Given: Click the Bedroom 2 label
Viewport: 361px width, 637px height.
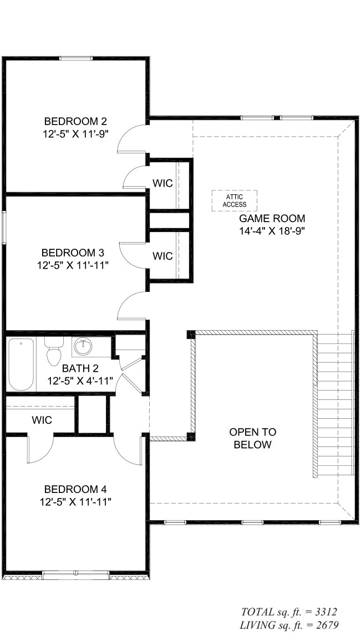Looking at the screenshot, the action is click(75, 121).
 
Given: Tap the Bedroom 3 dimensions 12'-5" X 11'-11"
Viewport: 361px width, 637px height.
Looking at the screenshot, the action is click(75, 265).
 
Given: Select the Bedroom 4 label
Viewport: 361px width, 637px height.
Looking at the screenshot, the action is click(75, 489).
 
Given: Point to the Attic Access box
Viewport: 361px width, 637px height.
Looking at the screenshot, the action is click(234, 201).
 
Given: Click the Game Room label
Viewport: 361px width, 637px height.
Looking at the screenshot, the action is click(272, 219).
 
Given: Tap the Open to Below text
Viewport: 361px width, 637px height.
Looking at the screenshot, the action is click(252, 438).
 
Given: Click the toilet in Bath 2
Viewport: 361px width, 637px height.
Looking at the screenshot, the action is click(54, 351).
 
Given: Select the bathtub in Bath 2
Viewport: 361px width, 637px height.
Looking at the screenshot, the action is click(21, 364).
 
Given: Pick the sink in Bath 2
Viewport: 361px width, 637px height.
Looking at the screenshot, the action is click(83, 346).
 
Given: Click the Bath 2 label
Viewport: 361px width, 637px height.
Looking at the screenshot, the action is click(80, 368).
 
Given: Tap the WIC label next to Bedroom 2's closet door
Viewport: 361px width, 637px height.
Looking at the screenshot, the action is click(162, 183).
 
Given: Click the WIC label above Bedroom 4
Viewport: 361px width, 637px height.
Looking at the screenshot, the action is click(42, 420).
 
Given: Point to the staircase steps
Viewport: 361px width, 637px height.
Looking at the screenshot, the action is click(335, 404).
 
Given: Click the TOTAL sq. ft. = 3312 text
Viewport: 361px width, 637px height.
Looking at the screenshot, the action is click(289, 612).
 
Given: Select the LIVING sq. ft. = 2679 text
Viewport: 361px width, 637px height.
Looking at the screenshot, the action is click(289, 625).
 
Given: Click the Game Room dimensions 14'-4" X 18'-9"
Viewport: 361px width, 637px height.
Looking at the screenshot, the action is click(272, 231).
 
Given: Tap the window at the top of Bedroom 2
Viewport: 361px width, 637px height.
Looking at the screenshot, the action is click(76, 58).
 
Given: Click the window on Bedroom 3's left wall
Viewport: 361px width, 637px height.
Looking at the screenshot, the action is click(4, 228).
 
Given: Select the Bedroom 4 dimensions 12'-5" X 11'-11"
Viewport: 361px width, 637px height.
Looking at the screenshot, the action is click(75, 502).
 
